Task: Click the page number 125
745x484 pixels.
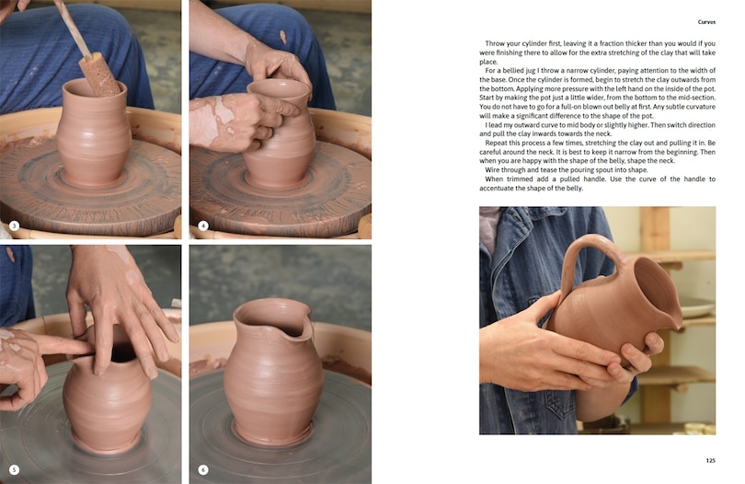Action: (x=710, y=460)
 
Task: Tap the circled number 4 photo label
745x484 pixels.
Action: (x=203, y=225)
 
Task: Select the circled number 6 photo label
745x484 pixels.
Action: (x=203, y=469)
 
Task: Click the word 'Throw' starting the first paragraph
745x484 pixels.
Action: (x=499, y=43)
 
